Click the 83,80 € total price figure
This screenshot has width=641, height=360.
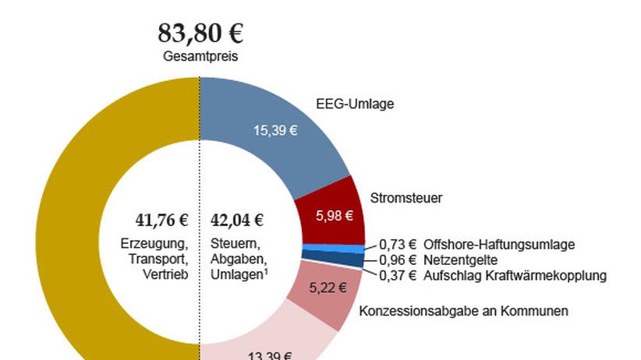(x=200, y=34)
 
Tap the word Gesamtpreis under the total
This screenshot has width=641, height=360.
(x=200, y=56)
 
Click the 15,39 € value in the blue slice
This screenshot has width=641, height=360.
(x=275, y=131)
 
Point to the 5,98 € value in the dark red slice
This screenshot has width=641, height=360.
(x=333, y=216)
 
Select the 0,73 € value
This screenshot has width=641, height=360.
(x=398, y=245)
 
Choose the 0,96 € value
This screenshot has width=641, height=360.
(x=398, y=259)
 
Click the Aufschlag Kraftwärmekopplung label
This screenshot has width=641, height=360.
(x=515, y=275)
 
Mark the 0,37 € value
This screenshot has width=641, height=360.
(x=398, y=275)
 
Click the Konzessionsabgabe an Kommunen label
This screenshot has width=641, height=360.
(x=463, y=311)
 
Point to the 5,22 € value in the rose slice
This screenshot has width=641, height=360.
(x=327, y=288)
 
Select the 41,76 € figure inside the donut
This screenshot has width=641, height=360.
(x=157, y=220)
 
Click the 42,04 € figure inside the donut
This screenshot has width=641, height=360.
(x=237, y=220)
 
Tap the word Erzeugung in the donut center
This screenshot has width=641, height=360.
(x=155, y=242)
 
